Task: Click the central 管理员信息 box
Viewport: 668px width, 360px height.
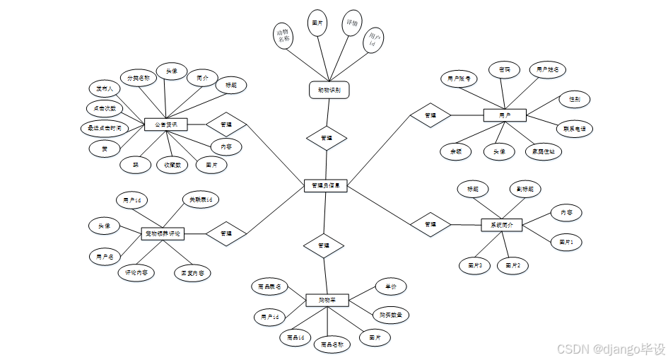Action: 325,185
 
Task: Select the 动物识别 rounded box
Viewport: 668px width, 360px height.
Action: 329,90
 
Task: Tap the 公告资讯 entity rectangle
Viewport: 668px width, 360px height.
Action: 165,124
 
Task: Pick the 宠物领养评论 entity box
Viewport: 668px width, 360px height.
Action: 163,233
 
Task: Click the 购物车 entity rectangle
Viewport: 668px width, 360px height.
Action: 327,300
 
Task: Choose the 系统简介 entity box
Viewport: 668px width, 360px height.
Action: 501,225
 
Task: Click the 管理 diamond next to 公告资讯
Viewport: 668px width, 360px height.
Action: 226,124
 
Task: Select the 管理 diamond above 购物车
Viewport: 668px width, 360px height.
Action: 324,245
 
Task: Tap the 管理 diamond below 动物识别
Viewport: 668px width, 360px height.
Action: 327,138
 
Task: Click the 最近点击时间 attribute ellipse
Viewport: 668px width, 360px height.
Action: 105,129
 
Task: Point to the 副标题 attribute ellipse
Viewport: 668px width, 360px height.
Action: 526,189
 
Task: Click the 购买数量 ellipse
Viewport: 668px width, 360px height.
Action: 392,315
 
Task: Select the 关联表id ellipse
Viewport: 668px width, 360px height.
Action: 201,200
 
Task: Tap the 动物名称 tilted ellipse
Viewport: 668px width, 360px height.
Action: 284,36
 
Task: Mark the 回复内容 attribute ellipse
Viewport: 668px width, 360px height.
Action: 192,272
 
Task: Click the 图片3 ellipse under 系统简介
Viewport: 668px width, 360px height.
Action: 474,265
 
